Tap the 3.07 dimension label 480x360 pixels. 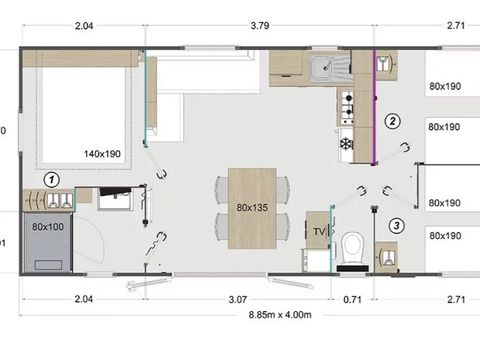237,298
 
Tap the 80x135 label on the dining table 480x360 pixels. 252,208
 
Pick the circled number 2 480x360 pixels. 393,121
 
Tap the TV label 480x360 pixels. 319,231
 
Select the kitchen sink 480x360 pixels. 324,69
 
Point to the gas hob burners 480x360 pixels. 349,101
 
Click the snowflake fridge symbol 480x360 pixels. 348,143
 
